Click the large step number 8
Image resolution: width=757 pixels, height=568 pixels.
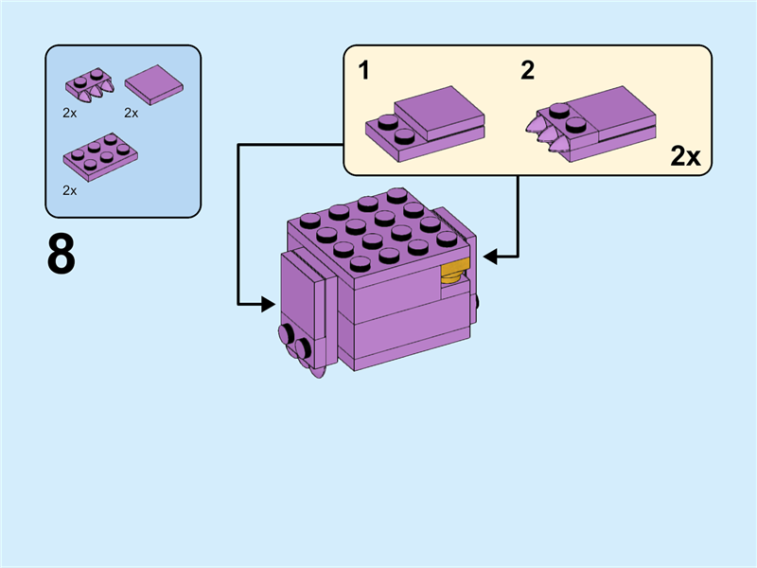coord(62,255)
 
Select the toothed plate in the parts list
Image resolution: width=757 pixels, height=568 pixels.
coord(89,84)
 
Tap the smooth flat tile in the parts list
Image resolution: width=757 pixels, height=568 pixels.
coord(153,84)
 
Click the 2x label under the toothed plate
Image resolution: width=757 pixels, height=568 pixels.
coord(69,113)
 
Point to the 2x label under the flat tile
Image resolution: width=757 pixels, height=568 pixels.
coord(132,113)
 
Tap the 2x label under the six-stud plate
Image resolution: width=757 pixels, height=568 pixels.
coord(69,189)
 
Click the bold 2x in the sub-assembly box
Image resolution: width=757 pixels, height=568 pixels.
coord(685,156)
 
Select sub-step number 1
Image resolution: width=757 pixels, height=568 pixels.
coord(363,70)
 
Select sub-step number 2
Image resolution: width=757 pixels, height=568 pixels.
coord(527,70)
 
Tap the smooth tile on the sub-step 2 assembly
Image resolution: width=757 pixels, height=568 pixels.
coord(609,110)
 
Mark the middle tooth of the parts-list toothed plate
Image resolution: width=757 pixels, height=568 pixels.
coord(95,95)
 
